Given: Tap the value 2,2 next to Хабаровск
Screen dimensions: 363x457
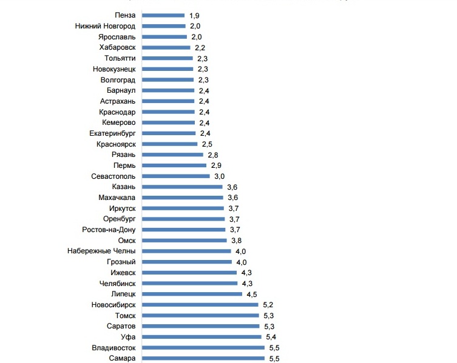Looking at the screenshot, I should (200, 47).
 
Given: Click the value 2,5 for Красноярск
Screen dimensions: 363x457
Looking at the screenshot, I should (206, 144).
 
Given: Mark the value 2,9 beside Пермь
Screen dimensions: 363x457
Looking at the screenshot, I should (216, 165).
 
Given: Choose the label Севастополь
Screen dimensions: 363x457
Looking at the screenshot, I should (117, 176).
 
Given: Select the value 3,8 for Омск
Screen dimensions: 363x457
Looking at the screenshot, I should (237, 241).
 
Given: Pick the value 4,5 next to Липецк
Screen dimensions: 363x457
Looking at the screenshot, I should (251, 294).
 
